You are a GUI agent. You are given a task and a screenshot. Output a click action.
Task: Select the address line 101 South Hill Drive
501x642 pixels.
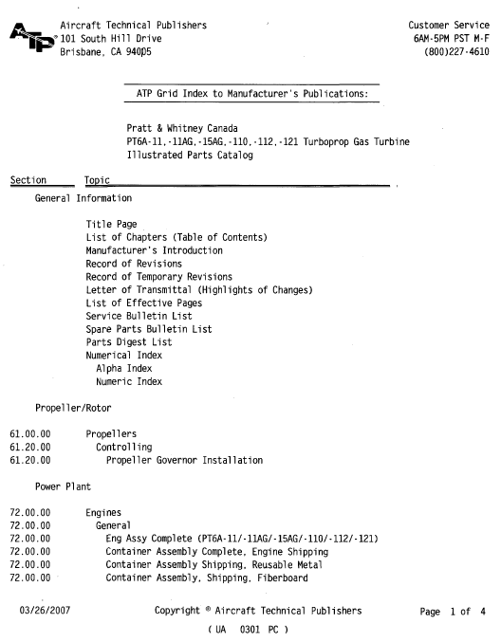click(111, 39)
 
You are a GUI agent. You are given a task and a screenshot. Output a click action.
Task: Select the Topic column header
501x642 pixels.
click(97, 180)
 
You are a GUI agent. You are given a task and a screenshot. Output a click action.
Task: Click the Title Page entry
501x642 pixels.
click(111, 225)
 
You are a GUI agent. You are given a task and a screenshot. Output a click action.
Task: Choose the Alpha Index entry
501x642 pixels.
click(123, 369)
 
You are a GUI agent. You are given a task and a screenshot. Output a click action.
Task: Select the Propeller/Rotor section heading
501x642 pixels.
click(73, 408)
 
